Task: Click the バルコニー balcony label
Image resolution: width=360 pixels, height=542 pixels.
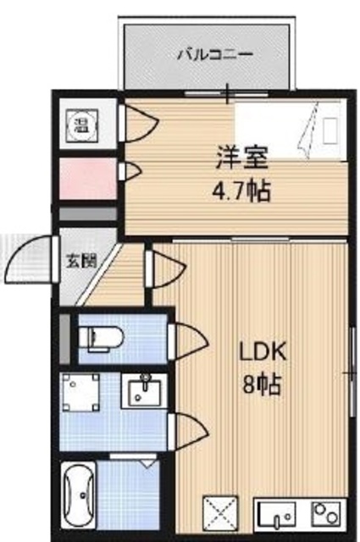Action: click(x=215, y=54)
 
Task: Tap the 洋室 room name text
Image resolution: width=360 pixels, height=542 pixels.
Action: click(x=241, y=158)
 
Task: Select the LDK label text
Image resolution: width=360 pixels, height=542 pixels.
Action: click(x=263, y=352)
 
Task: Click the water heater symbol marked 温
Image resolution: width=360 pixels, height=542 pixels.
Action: click(x=82, y=125)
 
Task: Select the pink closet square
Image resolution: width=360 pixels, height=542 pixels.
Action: click(x=88, y=179)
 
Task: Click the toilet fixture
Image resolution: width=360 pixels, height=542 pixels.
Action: click(x=101, y=339)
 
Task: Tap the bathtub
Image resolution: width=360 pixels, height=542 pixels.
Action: click(x=78, y=495)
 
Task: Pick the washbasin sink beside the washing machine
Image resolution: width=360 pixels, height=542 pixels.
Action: click(x=145, y=391)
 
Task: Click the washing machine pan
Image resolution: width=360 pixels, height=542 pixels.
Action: click(x=80, y=392)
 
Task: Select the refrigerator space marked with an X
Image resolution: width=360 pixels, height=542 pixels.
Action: click(x=220, y=513)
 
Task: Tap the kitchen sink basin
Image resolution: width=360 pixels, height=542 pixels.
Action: click(x=275, y=514)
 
